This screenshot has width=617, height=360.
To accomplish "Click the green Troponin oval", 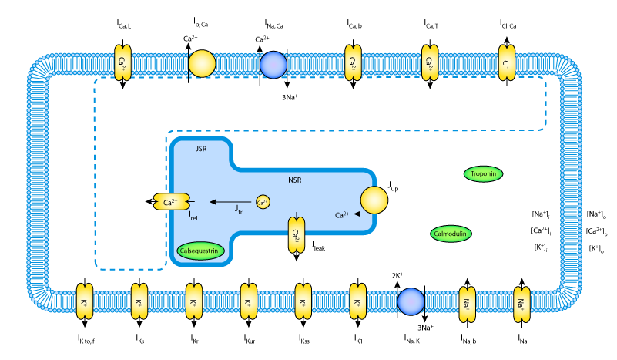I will [483, 174].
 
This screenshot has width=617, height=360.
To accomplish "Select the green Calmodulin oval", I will [451, 234].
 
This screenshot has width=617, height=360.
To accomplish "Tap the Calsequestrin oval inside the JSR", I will [200, 251].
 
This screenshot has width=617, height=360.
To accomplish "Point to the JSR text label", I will [201, 148].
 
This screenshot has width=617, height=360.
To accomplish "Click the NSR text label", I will [295, 180].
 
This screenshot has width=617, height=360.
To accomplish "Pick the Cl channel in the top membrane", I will [506, 62].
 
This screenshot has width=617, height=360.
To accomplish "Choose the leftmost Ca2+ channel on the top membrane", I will [122, 62].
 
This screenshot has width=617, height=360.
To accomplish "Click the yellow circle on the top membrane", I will [202, 64].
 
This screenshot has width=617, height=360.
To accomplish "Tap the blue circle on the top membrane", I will [273, 65].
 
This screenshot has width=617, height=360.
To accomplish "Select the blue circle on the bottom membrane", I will [411, 301].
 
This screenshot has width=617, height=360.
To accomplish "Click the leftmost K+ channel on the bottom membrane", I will [84, 301].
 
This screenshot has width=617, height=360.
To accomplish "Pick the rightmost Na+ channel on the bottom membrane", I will [522, 303].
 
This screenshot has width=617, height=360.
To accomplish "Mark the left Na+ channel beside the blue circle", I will [468, 303].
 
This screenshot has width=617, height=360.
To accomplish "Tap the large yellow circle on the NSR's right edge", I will [374, 200].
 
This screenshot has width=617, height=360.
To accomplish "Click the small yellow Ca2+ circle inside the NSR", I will [263, 202].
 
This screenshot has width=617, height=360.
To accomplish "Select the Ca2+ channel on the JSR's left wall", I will [171, 203].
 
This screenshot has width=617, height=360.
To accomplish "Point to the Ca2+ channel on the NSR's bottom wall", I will [297, 234].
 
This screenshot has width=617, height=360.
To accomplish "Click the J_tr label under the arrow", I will [239, 210].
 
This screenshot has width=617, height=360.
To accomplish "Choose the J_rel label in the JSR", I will [193, 217].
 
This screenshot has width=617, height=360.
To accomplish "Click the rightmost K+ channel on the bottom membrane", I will [358, 301].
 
